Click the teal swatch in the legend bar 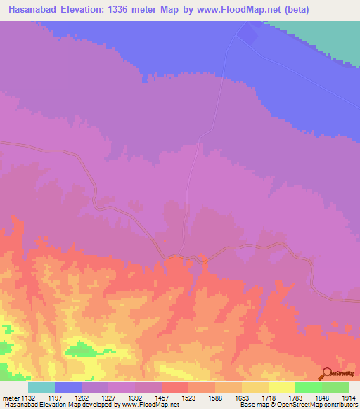(x=41, y=387)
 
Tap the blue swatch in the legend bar (x=68, y=387)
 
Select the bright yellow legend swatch (x=282, y=387)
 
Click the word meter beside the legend (x=11, y=398)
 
